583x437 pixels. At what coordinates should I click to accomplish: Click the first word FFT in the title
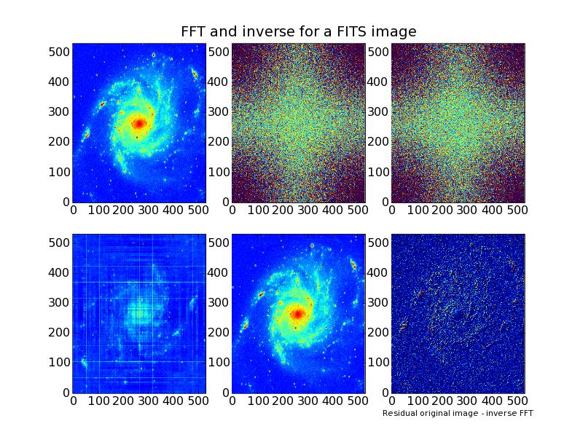195,31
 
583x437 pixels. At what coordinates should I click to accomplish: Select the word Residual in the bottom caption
398,413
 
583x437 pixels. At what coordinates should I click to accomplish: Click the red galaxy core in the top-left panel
138,124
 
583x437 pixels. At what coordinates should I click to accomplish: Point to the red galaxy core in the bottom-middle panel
297,314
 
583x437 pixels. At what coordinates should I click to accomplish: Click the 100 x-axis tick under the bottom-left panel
98,401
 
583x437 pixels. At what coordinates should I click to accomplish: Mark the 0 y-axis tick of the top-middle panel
226,202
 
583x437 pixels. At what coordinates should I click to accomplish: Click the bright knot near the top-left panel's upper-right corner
195,74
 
